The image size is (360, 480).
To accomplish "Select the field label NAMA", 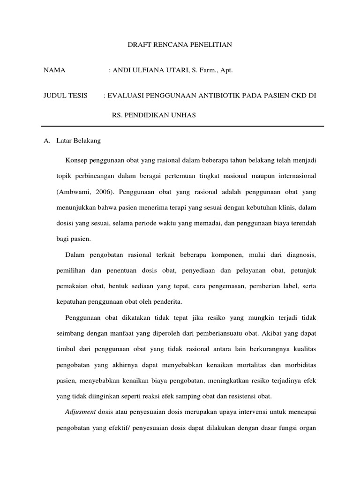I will (54, 70).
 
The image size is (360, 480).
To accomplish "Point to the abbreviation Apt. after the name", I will (225, 70).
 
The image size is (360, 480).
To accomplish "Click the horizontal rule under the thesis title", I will (182, 127).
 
